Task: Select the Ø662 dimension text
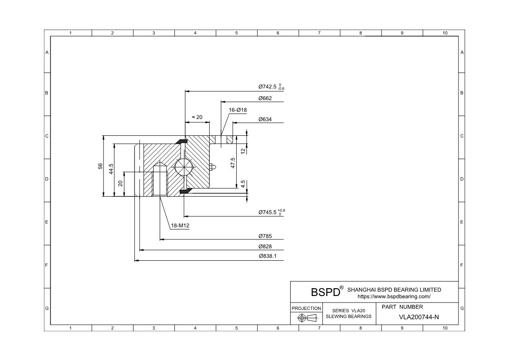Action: pos(265,98)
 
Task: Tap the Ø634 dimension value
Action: pos(265,119)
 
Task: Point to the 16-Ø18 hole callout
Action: pos(238,110)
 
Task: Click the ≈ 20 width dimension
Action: pos(197,117)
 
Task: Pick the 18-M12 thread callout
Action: pos(180,225)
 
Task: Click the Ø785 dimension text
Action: pos(265,236)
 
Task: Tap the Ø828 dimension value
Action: pos(265,246)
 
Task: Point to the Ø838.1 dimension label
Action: pos(268,256)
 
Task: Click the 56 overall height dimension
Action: pos(100,166)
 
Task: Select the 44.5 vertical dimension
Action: pos(111,168)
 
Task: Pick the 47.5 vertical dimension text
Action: pos(233,163)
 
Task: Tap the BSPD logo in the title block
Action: pos(325,292)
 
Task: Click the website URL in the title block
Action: pos(394,296)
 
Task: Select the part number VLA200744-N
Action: pos(419,317)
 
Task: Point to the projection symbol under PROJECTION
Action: pos(306,318)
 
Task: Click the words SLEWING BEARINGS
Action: pos(348,316)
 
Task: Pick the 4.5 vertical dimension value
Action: pos(243,184)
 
